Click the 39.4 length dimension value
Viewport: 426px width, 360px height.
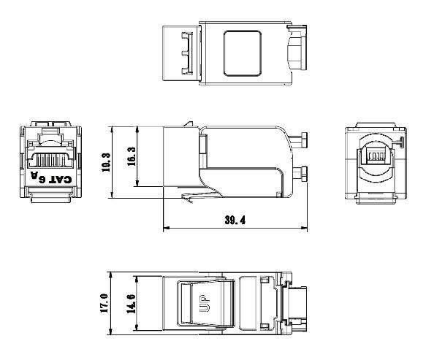click(235, 220)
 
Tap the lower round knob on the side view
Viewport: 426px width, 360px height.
click(302, 173)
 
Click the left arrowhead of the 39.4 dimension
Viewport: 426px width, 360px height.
click(165, 229)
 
